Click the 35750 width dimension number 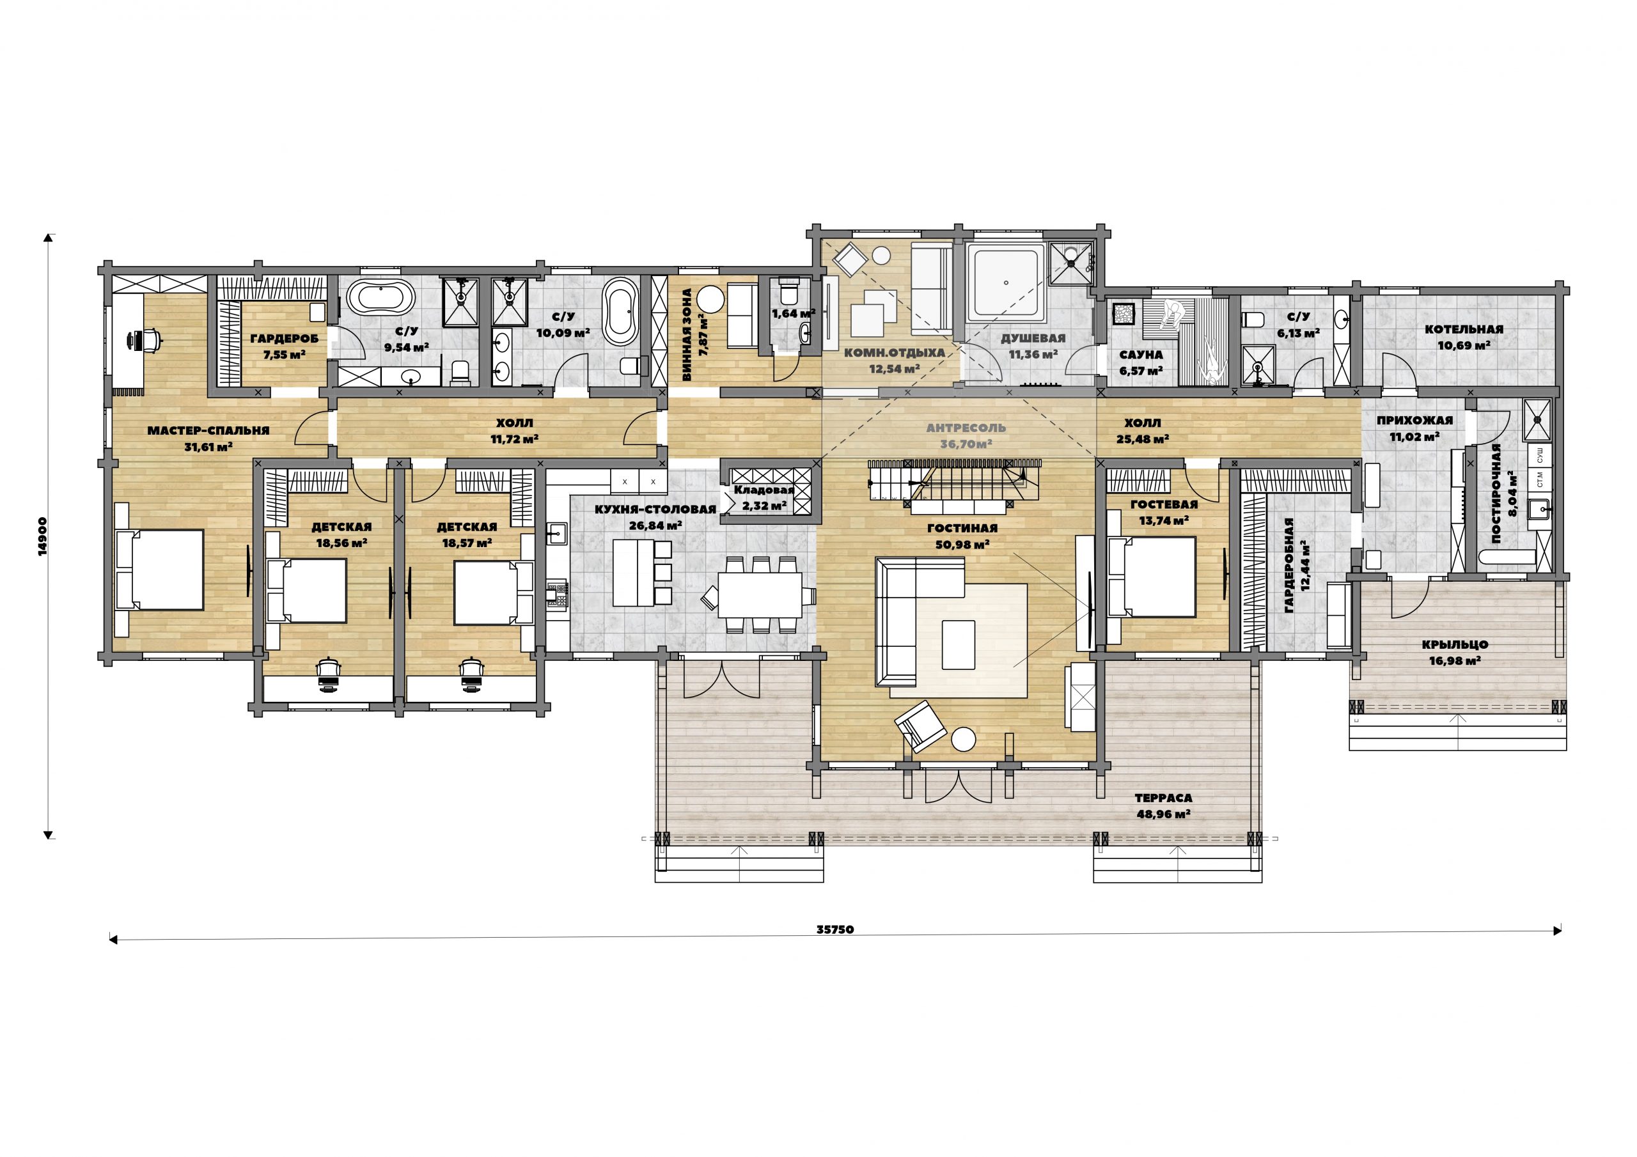(x=835, y=929)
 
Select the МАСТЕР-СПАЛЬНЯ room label (x=208, y=431)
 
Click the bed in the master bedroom (x=161, y=569)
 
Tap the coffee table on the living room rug (x=959, y=644)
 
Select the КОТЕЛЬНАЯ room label (x=1464, y=329)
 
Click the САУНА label (x=1141, y=355)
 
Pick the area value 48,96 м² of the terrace (x=1164, y=813)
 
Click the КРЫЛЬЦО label (x=1455, y=644)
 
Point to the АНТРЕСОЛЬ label (x=966, y=428)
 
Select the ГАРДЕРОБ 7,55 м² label (x=285, y=346)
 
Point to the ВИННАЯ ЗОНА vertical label (x=693, y=334)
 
